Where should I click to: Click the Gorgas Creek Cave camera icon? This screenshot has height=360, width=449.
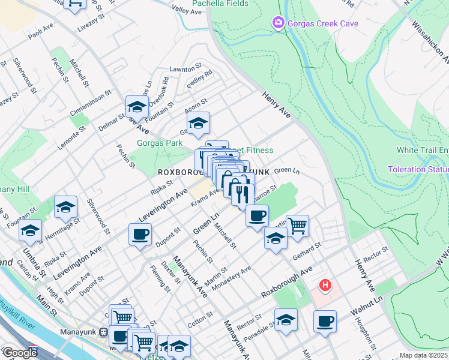point(278,23)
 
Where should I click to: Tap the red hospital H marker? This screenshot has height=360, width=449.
point(325,284)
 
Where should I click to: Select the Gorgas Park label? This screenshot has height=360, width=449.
point(159,143)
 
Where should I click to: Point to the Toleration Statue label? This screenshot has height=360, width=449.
point(418,169)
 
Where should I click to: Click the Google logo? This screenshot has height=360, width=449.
point(20,353)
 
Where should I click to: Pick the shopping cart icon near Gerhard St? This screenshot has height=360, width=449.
point(297,226)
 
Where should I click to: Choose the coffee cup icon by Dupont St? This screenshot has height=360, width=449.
point(140,234)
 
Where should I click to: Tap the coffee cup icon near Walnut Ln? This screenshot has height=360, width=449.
point(325,320)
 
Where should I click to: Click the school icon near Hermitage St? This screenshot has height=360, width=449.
point(65,207)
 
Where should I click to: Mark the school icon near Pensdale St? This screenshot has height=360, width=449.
point(286,319)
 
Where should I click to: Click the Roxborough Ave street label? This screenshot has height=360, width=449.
point(288,283)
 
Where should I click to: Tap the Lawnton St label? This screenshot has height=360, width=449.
point(184,70)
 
